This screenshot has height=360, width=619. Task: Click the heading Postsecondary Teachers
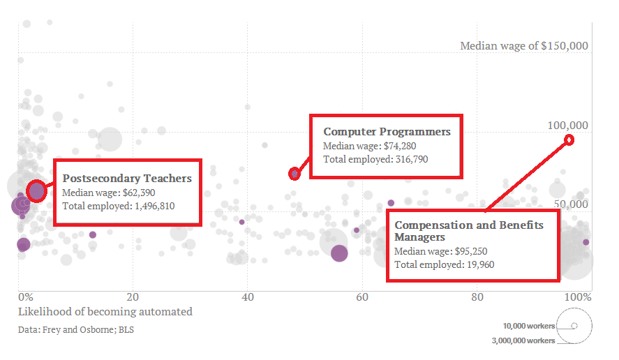pyautogui.click(x=127, y=179)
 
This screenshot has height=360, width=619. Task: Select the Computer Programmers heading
pyautogui.click(x=387, y=131)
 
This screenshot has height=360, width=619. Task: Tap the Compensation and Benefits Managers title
pyautogui.click(x=468, y=231)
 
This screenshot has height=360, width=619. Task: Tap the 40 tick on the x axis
pyautogui.click(x=248, y=297)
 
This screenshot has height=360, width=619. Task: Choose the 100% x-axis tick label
pyautogui.click(x=579, y=297)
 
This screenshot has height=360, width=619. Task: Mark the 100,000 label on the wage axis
pyautogui.click(x=567, y=126)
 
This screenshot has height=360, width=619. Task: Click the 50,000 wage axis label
pyautogui.click(x=570, y=204)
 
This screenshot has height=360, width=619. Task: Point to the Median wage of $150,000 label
pyautogui.click(x=524, y=46)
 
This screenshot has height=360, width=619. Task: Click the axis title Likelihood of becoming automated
pyautogui.click(x=105, y=311)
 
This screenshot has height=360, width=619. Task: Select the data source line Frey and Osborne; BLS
pyautogui.click(x=76, y=329)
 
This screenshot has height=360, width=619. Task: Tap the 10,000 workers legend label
pyautogui.click(x=528, y=326)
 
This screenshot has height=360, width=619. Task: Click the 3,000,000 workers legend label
pyautogui.click(x=523, y=340)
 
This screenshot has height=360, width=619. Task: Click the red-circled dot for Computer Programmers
pyautogui.click(x=294, y=173)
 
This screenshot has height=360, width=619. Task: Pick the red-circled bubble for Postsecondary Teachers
pyautogui.click(x=36, y=190)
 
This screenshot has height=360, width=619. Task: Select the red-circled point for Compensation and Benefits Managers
pyautogui.click(x=569, y=140)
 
